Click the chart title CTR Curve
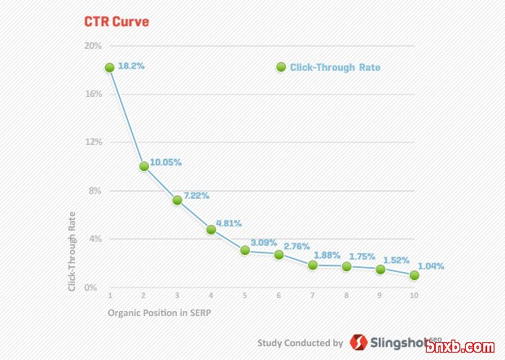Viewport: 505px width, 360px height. (117, 22)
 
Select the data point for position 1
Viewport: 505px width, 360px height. (109, 68)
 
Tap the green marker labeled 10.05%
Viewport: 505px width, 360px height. (143, 166)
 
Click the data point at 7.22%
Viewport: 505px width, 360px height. (177, 200)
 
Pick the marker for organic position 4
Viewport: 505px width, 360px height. (211, 230)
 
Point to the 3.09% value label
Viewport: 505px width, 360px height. (264, 243)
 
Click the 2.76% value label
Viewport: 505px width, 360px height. (297, 246)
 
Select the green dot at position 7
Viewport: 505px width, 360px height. (313, 265)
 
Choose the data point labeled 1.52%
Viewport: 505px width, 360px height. (380, 269)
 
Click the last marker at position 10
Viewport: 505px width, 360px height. (415, 275)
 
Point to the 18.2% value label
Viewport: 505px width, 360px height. (131, 65)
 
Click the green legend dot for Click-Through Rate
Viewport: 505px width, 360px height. (281, 68)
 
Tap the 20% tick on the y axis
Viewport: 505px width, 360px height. (93, 46)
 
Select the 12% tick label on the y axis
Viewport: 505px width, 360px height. (93, 142)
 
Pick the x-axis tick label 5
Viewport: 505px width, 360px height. (244, 295)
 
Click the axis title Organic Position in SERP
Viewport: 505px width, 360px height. (160, 313)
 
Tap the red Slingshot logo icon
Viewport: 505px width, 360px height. (358, 343)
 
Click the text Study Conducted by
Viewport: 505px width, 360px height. (300, 344)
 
